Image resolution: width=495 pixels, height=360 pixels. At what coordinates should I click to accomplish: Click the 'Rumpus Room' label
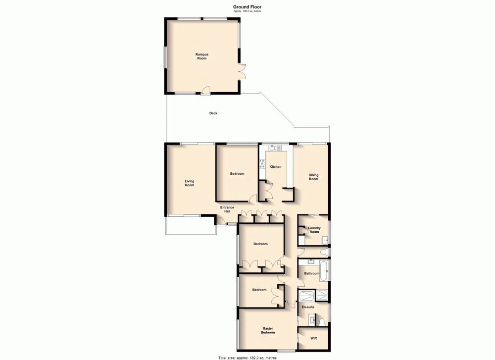tap(201, 56)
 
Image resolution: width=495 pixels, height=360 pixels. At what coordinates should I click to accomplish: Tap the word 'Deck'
tap(213, 113)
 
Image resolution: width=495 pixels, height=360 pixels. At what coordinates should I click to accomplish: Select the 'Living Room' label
tap(190, 183)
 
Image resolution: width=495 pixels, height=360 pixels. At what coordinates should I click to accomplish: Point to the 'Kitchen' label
tap(275, 167)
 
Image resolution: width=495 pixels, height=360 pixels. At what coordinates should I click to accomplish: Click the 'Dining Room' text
tap(313, 177)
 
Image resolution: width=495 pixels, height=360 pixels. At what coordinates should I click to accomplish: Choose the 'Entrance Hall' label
tap(227, 209)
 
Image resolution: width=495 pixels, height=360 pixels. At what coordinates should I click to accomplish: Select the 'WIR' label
tap(313, 339)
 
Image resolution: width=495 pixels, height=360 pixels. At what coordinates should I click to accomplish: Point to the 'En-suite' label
tap(308, 307)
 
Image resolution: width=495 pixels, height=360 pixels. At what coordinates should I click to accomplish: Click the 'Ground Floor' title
tap(247, 6)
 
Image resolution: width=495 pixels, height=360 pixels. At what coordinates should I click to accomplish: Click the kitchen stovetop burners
tap(262, 163)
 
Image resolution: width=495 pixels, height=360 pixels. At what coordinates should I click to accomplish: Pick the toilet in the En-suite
tap(322, 322)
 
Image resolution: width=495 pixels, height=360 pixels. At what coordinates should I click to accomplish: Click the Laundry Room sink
tap(325, 240)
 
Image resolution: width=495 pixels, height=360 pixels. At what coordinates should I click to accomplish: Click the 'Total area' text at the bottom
tap(247, 357)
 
